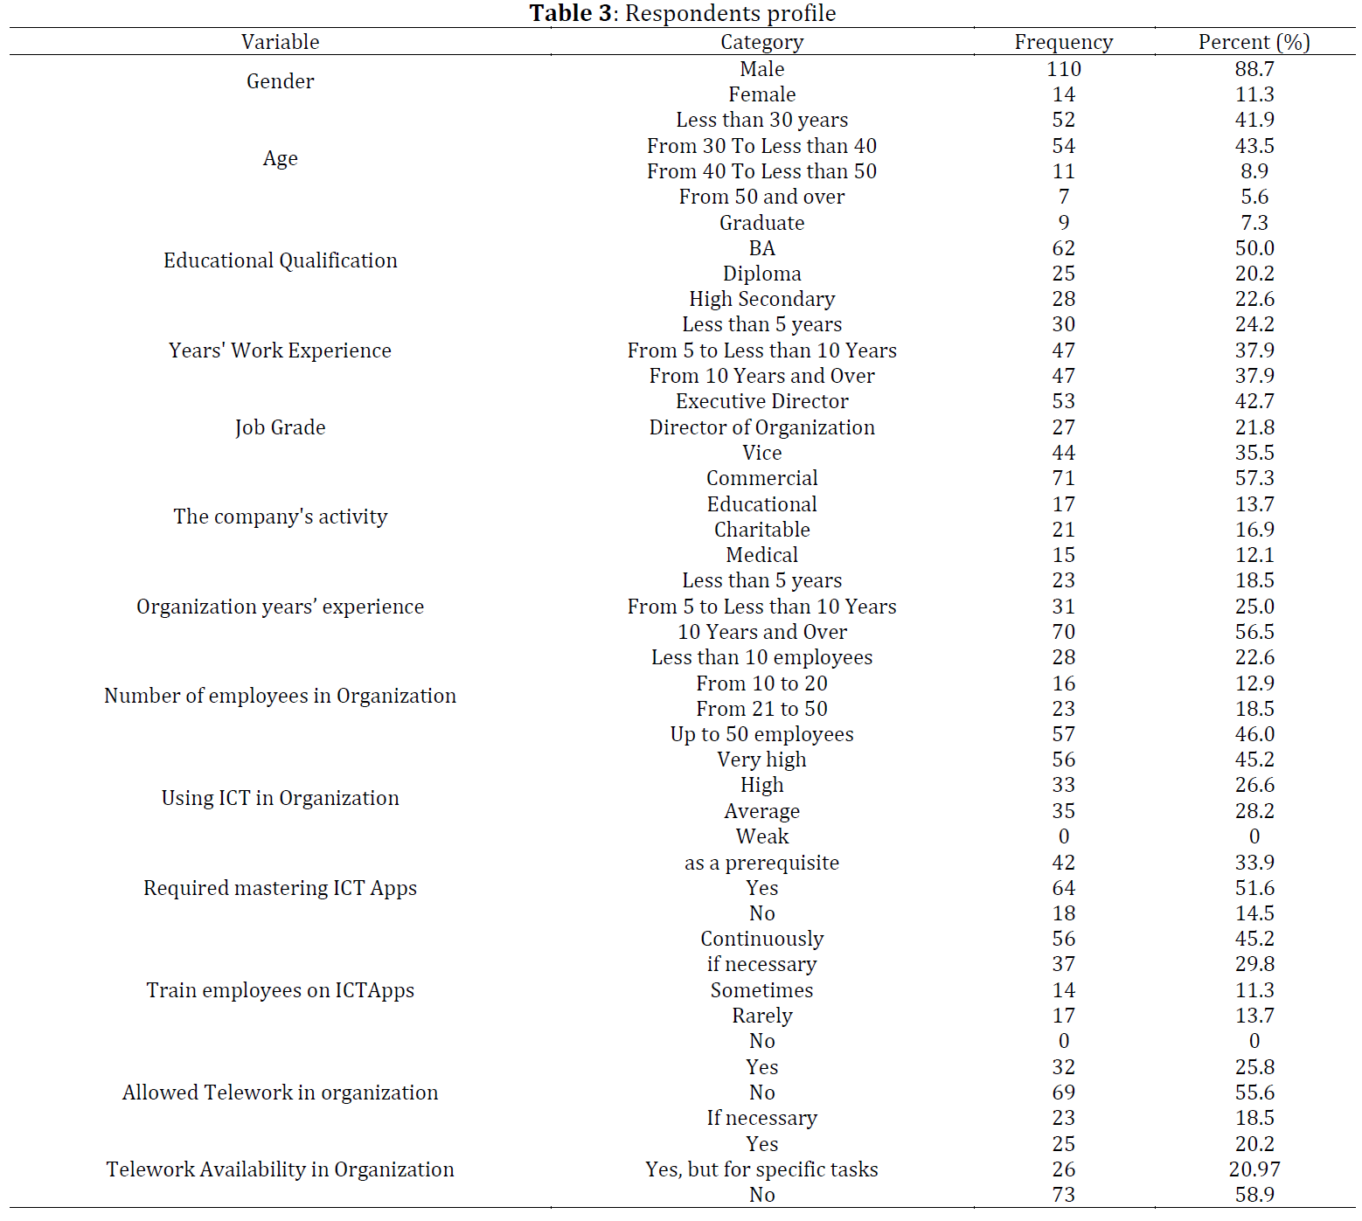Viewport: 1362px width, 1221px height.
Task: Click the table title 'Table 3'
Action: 573,13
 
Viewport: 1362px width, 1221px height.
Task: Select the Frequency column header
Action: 1063,42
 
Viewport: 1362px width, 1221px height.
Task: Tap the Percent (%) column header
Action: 1254,42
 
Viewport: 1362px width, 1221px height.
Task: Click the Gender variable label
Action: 280,81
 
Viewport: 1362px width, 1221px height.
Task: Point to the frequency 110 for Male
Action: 1063,69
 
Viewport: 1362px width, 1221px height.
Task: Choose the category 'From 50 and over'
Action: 761,197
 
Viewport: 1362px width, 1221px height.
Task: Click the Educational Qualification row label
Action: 280,260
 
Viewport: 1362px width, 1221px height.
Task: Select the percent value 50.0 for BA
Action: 1254,248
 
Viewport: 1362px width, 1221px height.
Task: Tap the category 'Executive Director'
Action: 761,401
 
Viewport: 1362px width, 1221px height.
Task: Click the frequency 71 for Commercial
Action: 1063,478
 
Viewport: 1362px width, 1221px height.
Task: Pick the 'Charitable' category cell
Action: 761,530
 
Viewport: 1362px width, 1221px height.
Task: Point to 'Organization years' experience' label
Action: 280,607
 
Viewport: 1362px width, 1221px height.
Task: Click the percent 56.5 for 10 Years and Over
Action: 1254,632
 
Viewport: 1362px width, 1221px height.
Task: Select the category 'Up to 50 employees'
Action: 761,734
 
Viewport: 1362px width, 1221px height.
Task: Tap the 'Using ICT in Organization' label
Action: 280,798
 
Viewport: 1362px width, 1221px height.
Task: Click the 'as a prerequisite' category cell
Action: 761,863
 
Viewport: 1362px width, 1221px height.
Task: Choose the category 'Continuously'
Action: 761,939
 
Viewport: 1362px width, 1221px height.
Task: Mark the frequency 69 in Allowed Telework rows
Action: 1063,1093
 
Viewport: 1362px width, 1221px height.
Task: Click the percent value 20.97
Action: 1254,1169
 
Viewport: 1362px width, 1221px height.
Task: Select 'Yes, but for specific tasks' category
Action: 761,1169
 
